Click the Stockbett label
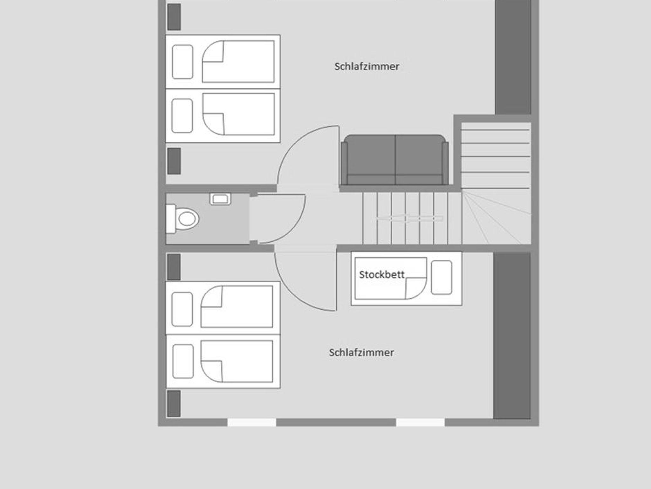382,275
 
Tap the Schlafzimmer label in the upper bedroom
367,66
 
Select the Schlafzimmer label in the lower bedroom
361,353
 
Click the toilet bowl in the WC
183,219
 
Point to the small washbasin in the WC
220,199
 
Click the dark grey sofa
395,160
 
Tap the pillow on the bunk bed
442,277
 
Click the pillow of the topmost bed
182,62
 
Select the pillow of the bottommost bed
183,361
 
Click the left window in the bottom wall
252,423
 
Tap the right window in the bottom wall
420,423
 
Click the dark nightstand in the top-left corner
174,17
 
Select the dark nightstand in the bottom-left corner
174,403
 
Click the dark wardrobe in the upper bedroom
513,57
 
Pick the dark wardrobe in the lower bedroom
512,335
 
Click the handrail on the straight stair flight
409,218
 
